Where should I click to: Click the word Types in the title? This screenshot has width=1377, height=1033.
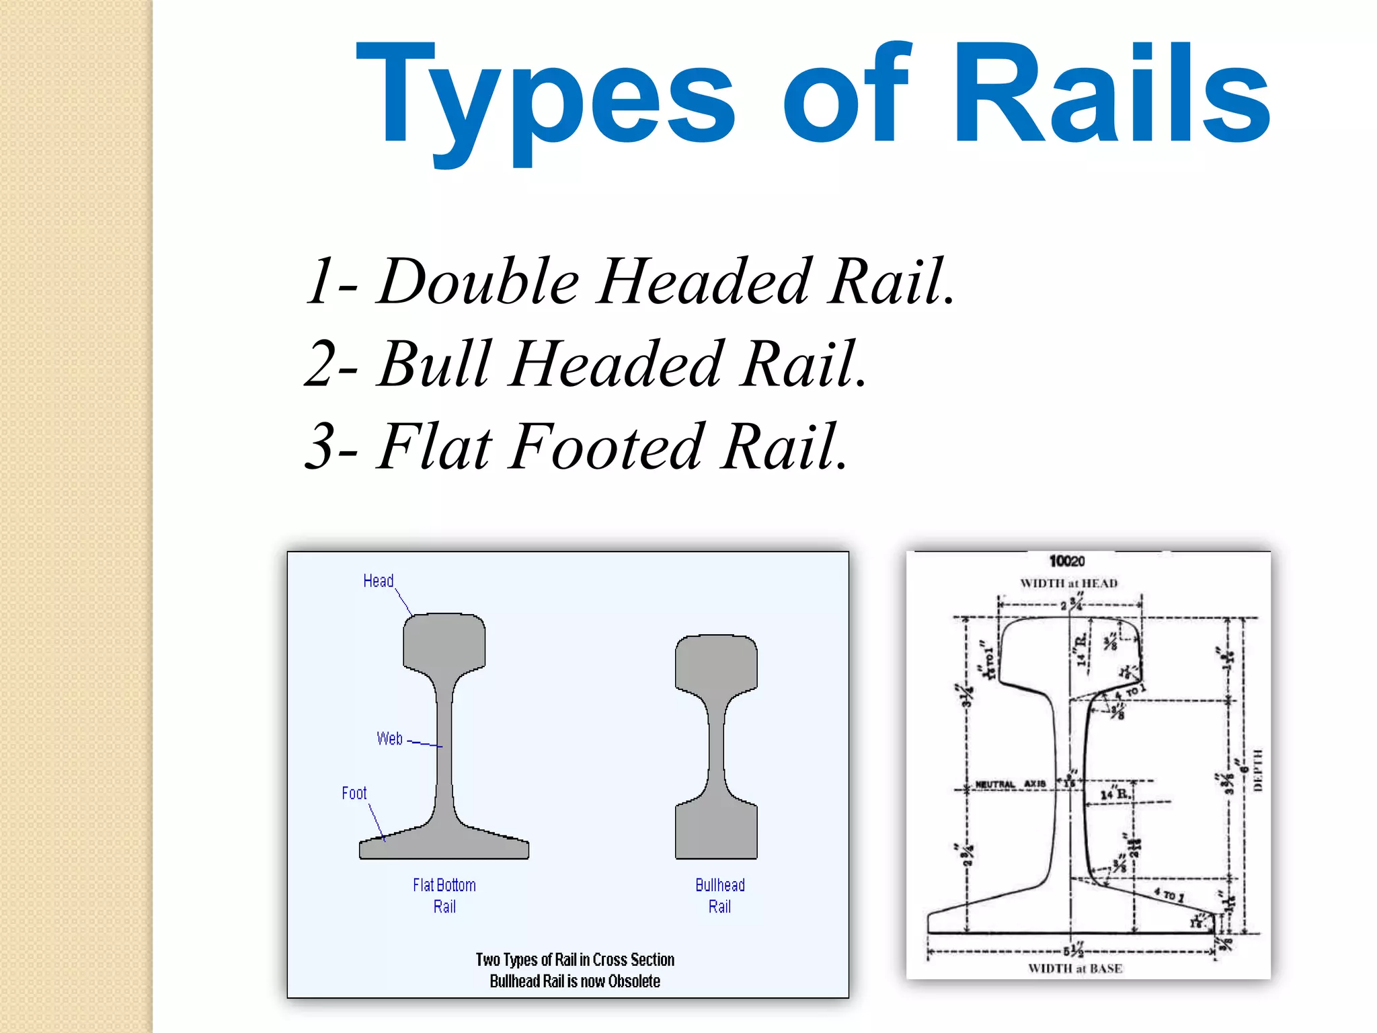point(545,94)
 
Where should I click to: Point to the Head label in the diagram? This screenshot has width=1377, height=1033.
point(378,581)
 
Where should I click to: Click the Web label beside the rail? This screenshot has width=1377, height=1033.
point(389,738)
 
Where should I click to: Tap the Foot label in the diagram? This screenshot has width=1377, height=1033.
point(354,794)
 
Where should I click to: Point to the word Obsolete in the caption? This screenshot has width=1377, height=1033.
point(634,981)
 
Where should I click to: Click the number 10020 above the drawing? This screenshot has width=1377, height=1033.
point(1067,561)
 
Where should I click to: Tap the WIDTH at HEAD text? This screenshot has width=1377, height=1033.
point(1069,583)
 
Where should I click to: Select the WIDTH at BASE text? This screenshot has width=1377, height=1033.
point(1075,968)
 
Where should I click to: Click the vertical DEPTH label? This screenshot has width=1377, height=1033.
point(1258,769)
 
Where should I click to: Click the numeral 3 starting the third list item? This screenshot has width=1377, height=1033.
point(321,447)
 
